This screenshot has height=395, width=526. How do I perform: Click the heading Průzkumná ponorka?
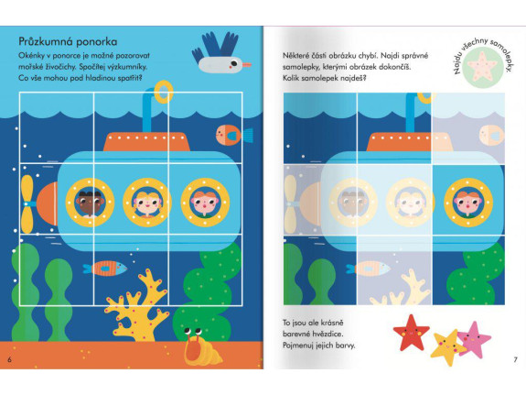point(68,41)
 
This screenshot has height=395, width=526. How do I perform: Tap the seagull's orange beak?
point(247,64)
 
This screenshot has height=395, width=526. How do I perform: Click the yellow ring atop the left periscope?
point(164,92)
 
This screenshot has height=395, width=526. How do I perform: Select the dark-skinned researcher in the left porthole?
point(89,203)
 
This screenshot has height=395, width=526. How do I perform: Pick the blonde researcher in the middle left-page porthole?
point(147,203)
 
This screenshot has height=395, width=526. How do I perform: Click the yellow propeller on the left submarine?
point(27,204)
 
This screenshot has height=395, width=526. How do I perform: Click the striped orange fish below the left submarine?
point(105,269)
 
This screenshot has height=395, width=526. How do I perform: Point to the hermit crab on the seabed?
point(200,347)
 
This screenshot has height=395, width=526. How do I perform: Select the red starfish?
point(411,332)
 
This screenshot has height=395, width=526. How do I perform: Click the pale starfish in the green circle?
point(482,66)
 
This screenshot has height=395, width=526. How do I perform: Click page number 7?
point(516,359)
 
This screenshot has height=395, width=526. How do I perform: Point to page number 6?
point(9,359)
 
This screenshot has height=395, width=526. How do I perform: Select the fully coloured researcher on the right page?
point(467,203)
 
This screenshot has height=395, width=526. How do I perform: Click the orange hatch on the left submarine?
point(146,141)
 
